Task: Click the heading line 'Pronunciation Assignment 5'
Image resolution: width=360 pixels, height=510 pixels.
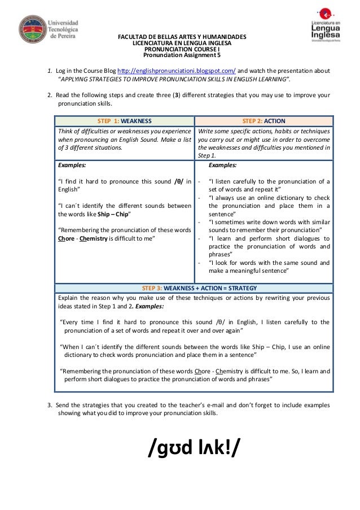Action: pos(181,55)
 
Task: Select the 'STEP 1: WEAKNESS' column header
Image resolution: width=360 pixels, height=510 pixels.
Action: pos(124,121)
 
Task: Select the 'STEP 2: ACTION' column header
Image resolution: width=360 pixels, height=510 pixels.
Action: pos(264,121)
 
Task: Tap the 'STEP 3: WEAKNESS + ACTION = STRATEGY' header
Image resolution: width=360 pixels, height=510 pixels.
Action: pos(193,286)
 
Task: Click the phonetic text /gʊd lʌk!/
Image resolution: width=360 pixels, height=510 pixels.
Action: pos(194,447)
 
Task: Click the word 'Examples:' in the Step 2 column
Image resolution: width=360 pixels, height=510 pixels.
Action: pos(222,165)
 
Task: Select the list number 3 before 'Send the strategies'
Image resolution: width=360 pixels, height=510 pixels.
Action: pos(50,405)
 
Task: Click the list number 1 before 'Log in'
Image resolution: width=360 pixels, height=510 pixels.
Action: pos(50,71)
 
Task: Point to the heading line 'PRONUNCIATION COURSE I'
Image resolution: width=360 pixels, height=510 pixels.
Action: pos(181,49)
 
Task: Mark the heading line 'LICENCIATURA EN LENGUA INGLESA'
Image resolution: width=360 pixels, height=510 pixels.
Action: pos(181,43)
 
